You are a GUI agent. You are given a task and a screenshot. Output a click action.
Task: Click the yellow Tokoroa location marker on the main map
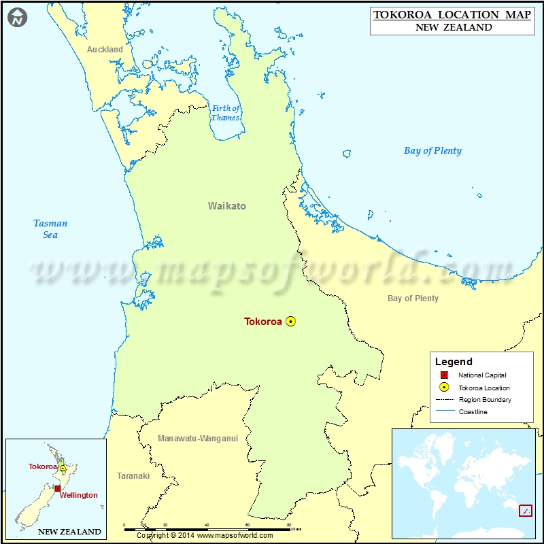[x=291, y=322]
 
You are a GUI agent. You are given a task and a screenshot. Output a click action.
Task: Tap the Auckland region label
[x=105, y=50]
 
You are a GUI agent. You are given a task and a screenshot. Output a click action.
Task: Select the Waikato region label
[x=227, y=206]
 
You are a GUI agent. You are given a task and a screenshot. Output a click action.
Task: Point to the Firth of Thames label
[x=226, y=113]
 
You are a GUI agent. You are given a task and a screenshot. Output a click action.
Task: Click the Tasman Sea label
[x=50, y=229]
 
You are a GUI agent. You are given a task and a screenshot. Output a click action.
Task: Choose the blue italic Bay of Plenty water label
[x=432, y=151]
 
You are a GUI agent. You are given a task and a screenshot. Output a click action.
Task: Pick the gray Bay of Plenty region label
[x=413, y=299]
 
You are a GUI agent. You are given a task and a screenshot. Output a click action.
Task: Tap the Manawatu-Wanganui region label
[x=198, y=439]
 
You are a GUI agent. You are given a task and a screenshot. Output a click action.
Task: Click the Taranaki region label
[x=133, y=476]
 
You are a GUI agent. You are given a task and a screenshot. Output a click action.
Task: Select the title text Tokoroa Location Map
[x=452, y=15]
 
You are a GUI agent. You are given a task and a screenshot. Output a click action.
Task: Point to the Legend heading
[x=454, y=362]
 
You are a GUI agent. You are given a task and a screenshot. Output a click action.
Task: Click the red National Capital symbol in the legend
[x=444, y=375]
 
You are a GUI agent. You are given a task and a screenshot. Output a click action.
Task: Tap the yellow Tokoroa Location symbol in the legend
[x=444, y=388]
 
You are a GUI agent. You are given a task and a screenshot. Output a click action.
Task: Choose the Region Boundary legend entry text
[x=485, y=400]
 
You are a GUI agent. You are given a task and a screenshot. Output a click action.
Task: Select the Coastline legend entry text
[x=473, y=412]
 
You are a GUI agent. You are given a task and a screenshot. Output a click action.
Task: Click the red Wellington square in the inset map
[x=58, y=488]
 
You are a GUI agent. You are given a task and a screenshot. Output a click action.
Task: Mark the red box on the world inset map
[x=525, y=510]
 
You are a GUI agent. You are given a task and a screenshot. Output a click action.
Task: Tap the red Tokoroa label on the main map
[x=263, y=322]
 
